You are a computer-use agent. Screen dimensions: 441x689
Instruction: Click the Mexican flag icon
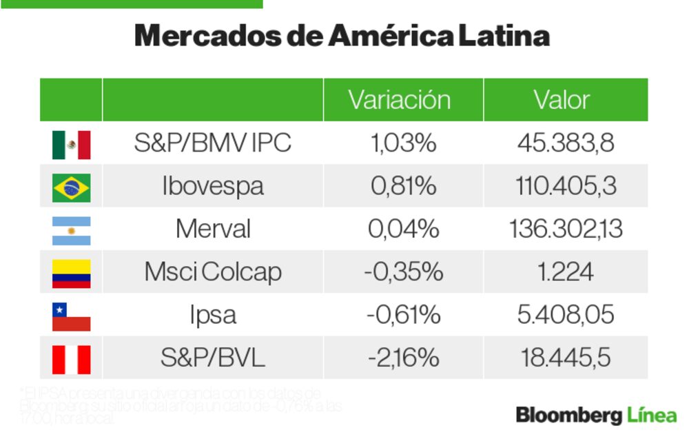coord(71,144)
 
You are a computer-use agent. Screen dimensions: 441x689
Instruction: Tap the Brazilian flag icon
coord(71,187)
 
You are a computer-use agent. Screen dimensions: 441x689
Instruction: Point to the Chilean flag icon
coord(71,316)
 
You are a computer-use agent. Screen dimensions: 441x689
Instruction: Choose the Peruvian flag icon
coord(71,359)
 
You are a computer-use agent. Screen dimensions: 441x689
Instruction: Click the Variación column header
coord(400,100)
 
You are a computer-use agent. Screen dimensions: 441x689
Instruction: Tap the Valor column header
coord(562,100)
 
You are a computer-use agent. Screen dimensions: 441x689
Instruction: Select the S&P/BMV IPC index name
coord(212,143)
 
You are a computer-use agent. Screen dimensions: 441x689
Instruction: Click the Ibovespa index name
coord(212,186)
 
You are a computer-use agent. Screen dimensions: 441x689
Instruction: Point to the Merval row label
coord(212,229)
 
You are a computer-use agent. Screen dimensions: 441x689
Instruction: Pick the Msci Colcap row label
coord(212,272)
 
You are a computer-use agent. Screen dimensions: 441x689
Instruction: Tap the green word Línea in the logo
coord(652,416)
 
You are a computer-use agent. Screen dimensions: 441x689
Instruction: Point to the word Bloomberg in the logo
coord(569,416)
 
